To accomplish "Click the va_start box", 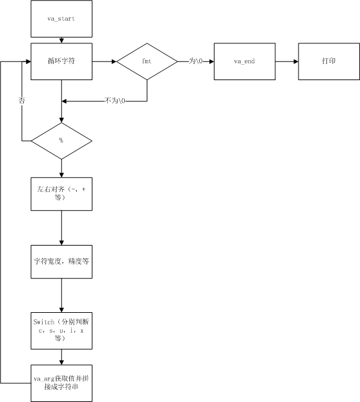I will coord(61,19).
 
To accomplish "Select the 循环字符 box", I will coord(61,61).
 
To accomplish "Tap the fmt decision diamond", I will coord(147,61).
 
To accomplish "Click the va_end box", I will coord(245,61).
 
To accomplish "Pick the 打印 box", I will coord(328,61).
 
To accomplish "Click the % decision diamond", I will coord(61,140).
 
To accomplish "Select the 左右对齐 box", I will coord(61,192).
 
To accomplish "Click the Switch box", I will coord(61,330).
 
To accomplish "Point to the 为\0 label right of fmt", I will coord(196,61).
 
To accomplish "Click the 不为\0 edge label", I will coord(116,101).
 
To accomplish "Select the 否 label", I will coord(22,101).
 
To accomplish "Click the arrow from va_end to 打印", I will coord(287,61).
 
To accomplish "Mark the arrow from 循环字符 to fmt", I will coord(104,61).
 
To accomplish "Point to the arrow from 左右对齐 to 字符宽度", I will coord(61,227).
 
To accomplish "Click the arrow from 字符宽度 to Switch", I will coord(61,296).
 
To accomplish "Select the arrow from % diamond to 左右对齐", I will coord(61,167).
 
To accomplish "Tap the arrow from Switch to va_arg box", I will coord(61,356).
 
